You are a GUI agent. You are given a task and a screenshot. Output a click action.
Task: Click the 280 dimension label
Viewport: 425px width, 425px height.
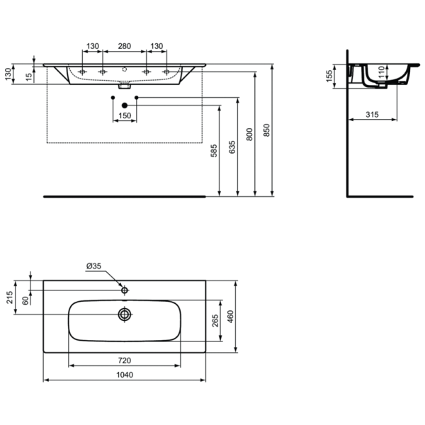pyautogui.click(x=124, y=46)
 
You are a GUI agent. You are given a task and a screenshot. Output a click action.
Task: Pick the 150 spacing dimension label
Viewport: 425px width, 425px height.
pyautogui.click(x=125, y=116)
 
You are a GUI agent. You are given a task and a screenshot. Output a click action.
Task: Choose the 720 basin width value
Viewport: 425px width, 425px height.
pyautogui.click(x=125, y=361)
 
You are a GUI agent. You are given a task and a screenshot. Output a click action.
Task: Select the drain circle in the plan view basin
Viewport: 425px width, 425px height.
pyautogui.click(x=125, y=313)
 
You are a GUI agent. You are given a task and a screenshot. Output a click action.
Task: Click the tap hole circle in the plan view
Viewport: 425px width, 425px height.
pyautogui.click(x=125, y=290)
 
